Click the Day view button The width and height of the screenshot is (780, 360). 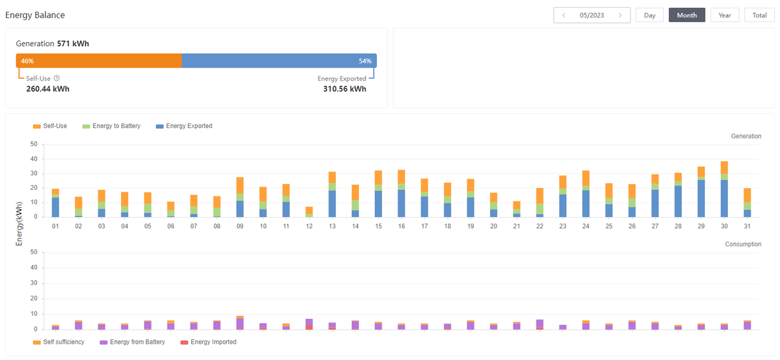[x=649, y=15]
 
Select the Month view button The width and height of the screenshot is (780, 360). [x=686, y=15]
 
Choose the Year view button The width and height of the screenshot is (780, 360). [x=724, y=15]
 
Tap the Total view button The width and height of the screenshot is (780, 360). [x=759, y=15]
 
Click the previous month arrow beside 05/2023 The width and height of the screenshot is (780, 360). [x=564, y=15]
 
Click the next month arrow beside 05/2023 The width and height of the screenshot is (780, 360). [x=621, y=15]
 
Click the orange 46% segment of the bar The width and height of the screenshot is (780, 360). [x=99, y=61]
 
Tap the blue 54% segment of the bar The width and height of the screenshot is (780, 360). [x=279, y=61]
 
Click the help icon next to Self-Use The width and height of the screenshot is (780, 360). [x=57, y=79]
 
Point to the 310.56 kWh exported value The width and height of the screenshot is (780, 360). [x=344, y=89]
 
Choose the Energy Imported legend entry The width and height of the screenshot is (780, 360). [x=209, y=342]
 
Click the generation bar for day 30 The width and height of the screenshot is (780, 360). [x=724, y=189]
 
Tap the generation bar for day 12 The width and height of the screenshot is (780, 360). [x=309, y=212]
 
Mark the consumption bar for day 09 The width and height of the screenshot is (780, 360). [x=240, y=323]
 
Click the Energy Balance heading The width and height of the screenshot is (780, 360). [x=35, y=15]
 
